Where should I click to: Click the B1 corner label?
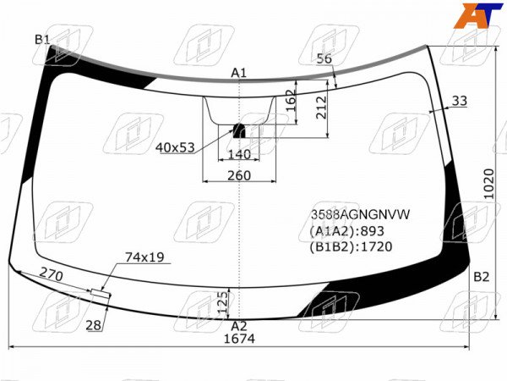pos(42,40)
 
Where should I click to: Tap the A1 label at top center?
pos(238,73)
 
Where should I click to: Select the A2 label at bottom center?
pos(239,326)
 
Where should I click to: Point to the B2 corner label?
pos(482,277)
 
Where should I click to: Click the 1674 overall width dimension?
pos(239,339)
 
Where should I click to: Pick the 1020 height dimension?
pos(489,184)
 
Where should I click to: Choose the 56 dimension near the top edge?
pos(324,58)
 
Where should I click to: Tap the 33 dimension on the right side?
pos(460,101)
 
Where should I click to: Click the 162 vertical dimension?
pos(291,101)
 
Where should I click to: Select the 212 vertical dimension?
pos(322,108)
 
